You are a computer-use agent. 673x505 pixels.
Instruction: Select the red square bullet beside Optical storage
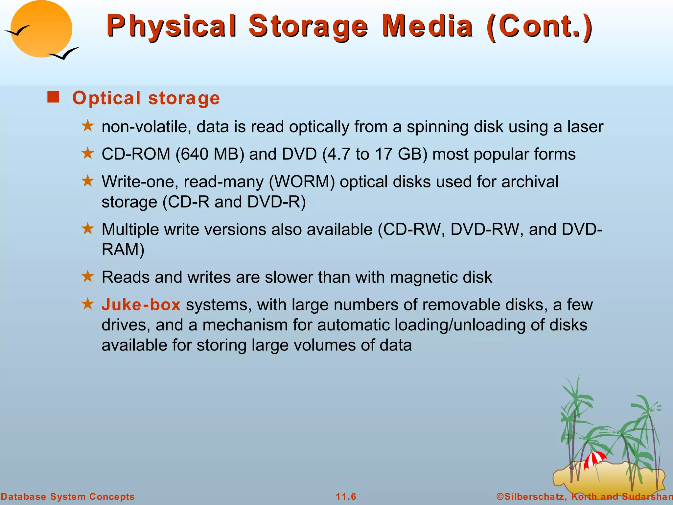[53, 97]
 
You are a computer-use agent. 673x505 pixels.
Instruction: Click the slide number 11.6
[346, 496]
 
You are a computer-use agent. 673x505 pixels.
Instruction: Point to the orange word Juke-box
[141, 305]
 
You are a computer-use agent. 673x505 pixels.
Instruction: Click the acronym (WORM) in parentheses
[302, 182]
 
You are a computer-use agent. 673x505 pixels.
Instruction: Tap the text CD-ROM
[136, 154]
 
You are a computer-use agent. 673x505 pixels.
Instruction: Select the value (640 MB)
[210, 154]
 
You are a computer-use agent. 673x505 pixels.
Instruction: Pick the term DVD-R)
[276, 202]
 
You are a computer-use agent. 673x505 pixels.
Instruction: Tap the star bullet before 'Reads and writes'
[88, 277]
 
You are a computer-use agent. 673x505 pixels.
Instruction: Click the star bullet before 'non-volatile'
[88, 126]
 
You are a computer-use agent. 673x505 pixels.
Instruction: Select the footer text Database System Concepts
[68, 496]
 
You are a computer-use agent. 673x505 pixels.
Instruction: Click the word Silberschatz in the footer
[535, 496]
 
